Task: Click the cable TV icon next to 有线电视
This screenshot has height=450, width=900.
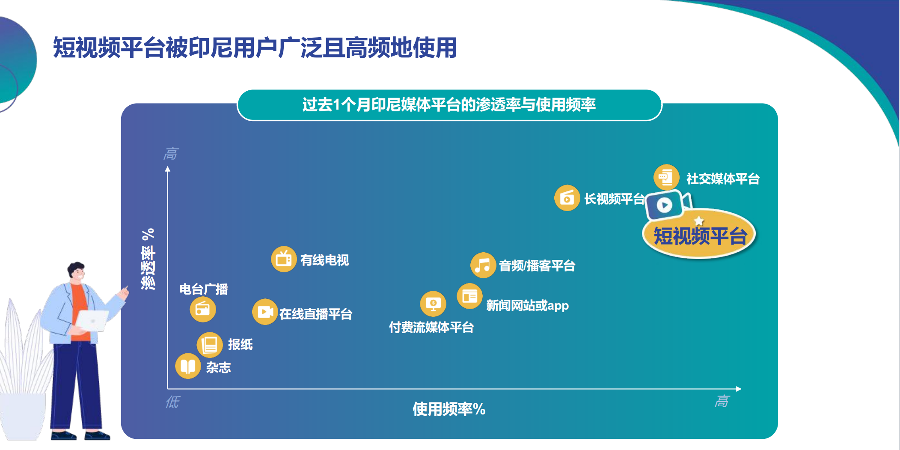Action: tap(284, 259)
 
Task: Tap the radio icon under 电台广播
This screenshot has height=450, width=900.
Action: tap(203, 310)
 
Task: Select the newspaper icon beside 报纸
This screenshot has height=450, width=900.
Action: tap(210, 345)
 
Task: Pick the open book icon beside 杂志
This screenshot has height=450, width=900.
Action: tap(188, 366)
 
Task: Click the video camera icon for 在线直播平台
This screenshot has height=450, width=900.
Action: tap(265, 312)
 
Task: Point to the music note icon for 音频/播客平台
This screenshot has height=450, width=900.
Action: tap(483, 265)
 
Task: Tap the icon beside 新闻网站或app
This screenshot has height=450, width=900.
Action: tap(470, 296)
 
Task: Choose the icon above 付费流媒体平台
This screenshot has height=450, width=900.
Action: tap(433, 304)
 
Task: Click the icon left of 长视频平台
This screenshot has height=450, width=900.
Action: tap(567, 198)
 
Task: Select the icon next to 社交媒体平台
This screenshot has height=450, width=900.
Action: tap(666, 177)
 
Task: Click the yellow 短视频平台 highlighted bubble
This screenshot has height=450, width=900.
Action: tap(699, 234)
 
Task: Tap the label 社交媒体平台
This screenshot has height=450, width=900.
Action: tap(723, 179)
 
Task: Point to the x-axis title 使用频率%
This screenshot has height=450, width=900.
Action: tap(449, 409)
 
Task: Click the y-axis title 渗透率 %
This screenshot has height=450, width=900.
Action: tap(148, 259)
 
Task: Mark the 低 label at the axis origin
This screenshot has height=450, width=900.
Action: tap(173, 402)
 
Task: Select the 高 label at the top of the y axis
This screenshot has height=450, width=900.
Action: tap(171, 154)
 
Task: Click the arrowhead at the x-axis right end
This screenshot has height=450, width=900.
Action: tap(739, 389)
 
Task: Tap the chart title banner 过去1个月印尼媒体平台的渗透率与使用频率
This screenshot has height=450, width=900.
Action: tap(449, 105)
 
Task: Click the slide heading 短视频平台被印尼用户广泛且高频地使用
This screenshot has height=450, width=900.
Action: tap(255, 47)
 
